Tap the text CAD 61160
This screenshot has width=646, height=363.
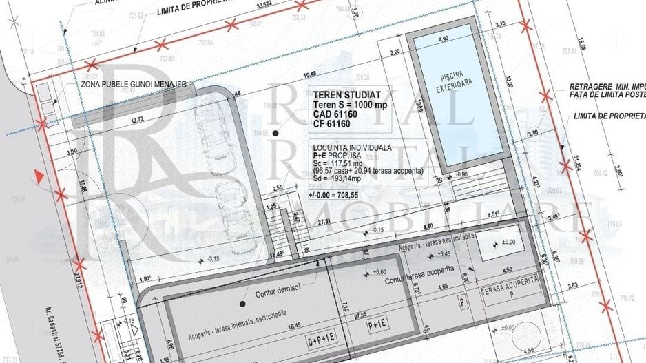(334, 114)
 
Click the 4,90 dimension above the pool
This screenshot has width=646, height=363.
(444, 39)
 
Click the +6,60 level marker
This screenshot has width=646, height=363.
(379, 272)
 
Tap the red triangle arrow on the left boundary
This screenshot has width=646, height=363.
(42, 176)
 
